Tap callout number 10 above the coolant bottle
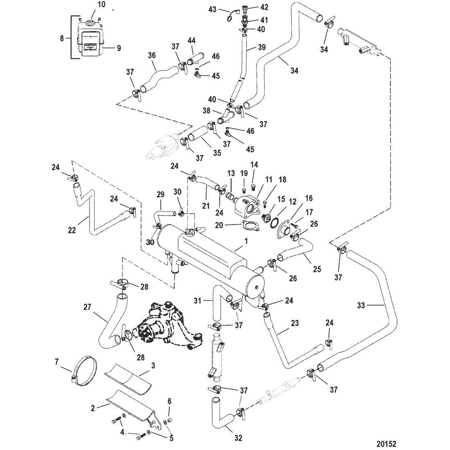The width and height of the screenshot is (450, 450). point(101,5)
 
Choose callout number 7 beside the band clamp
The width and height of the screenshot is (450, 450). point(57,362)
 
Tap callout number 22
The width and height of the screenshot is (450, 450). point(72,231)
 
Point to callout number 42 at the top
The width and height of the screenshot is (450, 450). point(264,7)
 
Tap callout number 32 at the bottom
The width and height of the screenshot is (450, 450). point(239,438)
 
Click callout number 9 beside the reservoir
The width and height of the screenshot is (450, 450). point(119,48)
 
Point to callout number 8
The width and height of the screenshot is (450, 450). point(62,38)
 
